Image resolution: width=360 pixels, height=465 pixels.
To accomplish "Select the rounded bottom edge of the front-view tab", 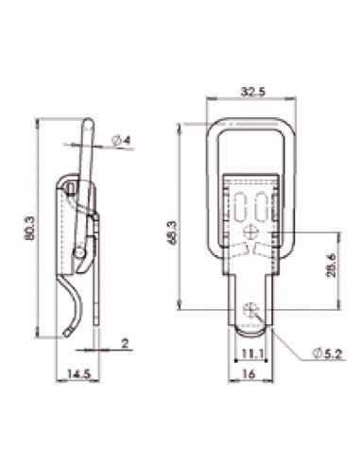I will coord(250,330).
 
